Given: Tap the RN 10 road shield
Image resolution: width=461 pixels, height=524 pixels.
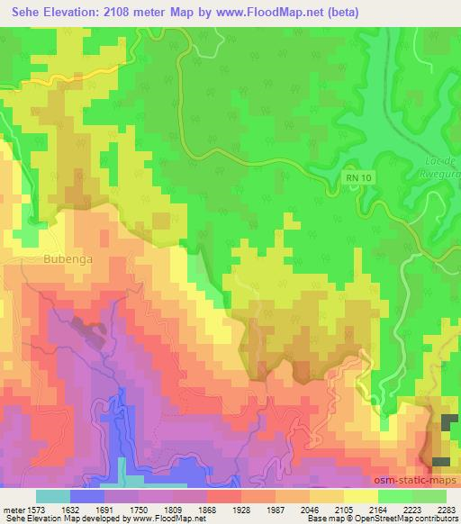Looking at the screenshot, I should click(357, 179).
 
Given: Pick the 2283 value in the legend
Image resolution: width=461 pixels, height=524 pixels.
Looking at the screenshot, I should click(447, 508).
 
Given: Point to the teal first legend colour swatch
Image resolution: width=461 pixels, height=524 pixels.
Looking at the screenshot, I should click(52, 496).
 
